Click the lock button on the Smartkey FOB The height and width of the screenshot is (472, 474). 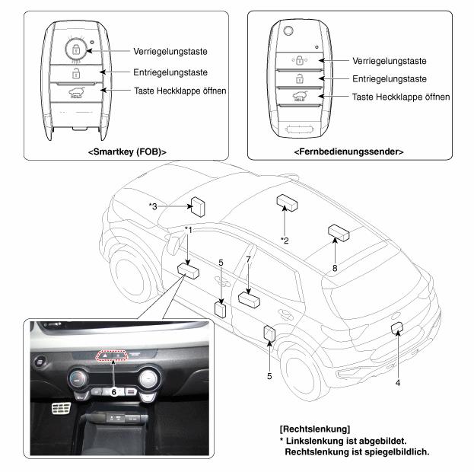coord(76,49)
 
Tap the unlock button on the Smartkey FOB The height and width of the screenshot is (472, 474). coord(76,74)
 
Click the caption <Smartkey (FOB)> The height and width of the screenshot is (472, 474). coord(127,151)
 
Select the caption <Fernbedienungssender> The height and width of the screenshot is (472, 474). coord(348,151)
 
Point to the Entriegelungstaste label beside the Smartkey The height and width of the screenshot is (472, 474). coord(170,72)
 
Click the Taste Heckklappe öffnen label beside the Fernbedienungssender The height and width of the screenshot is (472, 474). coord(401,97)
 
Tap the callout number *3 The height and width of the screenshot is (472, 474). coord(153,206)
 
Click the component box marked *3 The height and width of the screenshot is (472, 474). coord(198,206)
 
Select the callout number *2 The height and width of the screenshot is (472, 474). coord(285,241)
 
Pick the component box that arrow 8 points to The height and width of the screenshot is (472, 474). coord(339,233)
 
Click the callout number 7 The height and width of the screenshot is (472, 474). coord(249,260)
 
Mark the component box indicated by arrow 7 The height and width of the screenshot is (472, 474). coord(249,299)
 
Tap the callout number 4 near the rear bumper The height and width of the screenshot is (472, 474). coord(398,383)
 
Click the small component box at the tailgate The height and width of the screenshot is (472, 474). coord(397,328)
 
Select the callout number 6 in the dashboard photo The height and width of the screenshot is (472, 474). coord(113,392)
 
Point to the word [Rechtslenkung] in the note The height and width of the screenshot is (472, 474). coord(315,429)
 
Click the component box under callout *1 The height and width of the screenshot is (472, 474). coord(188,270)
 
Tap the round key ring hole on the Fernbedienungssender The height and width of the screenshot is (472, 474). coord(288,31)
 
